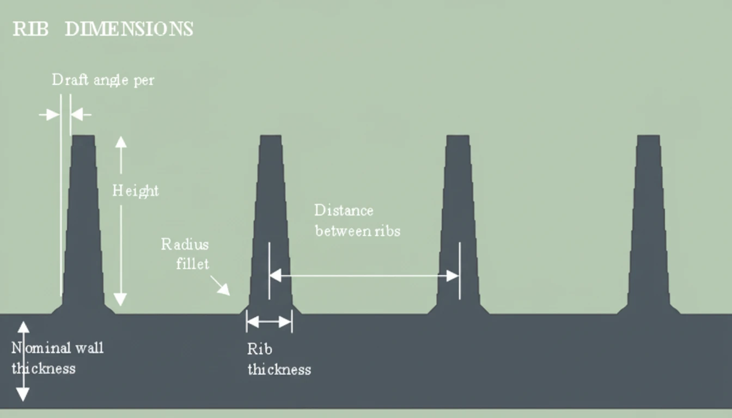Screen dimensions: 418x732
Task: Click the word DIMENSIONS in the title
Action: point(129,29)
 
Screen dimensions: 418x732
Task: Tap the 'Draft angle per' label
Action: point(103,80)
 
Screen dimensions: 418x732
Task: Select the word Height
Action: point(135,191)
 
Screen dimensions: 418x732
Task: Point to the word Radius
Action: point(185,244)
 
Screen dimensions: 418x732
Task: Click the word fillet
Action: point(192,264)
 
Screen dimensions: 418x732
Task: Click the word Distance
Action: point(344,210)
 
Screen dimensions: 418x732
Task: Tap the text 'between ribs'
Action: point(357,231)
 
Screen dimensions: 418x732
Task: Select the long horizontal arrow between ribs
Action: point(364,276)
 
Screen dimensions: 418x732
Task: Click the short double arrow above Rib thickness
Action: point(269,322)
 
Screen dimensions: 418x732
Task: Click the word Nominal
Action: point(42,348)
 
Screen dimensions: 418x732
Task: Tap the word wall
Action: point(90,348)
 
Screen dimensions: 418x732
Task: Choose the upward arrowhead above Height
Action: point(121,143)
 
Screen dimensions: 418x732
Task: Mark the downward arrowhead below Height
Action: point(120,299)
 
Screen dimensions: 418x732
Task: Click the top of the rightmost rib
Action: point(648,137)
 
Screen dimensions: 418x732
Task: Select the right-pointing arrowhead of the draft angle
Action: point(52,115)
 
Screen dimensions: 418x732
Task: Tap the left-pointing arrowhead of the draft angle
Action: point(77,115)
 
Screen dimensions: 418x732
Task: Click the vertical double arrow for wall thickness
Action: point(23,361)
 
